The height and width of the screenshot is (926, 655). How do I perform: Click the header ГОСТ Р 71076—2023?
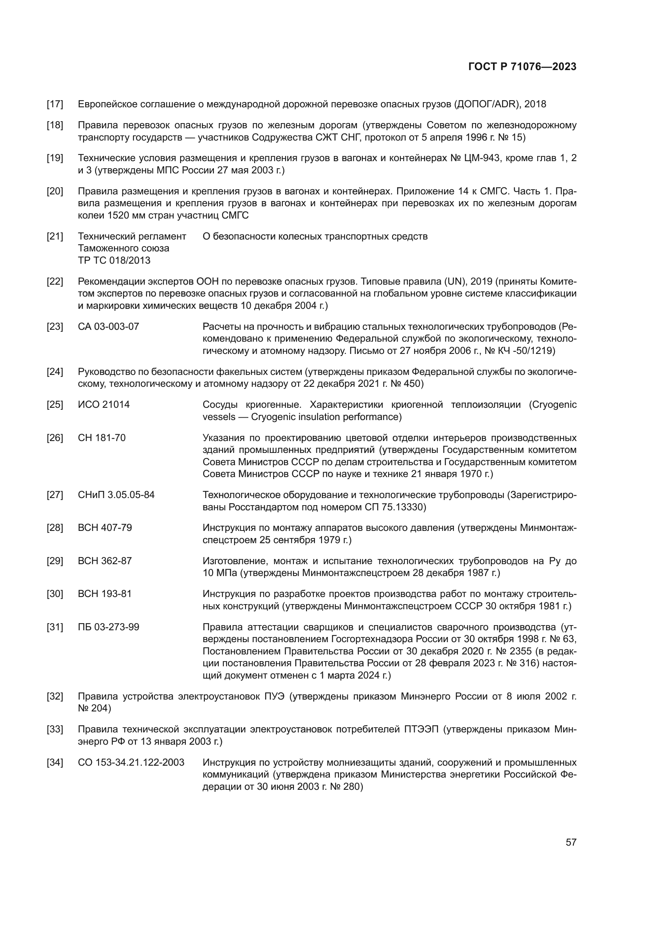coord(522,67)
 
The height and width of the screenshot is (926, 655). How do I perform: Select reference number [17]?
coord(55,105)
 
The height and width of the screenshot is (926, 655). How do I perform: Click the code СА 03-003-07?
coord(108,327)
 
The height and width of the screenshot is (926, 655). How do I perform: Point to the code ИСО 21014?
coord(104,405)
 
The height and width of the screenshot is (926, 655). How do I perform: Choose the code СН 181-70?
coord(102,437)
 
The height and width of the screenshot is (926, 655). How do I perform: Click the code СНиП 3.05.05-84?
coord(116,495)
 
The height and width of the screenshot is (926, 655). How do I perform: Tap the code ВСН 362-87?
coord(105,561)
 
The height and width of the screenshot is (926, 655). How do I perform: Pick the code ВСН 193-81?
coord(105,594)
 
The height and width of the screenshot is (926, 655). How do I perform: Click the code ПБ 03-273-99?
coord(109,627)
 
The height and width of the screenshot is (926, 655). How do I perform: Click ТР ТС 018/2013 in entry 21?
coord(114,260)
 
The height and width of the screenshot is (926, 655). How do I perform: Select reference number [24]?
coord(55,372)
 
